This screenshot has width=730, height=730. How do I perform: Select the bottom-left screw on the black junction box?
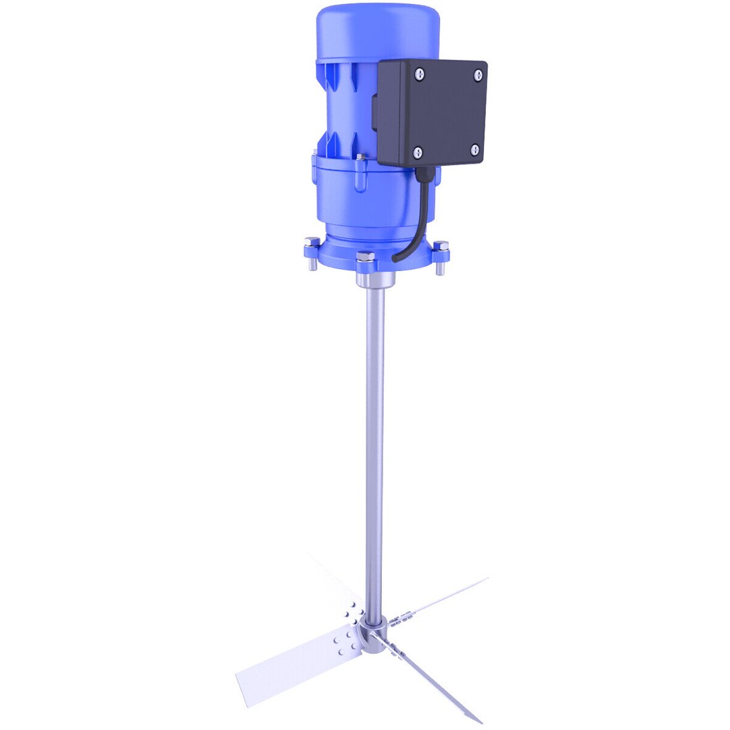click(x=417, y=153)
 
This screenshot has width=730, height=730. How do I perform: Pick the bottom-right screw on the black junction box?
click(x=474, y=149)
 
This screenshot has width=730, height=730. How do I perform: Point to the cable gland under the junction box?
click(x=424, y=173)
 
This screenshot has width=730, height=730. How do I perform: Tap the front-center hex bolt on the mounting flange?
click(x=365, y=258)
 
